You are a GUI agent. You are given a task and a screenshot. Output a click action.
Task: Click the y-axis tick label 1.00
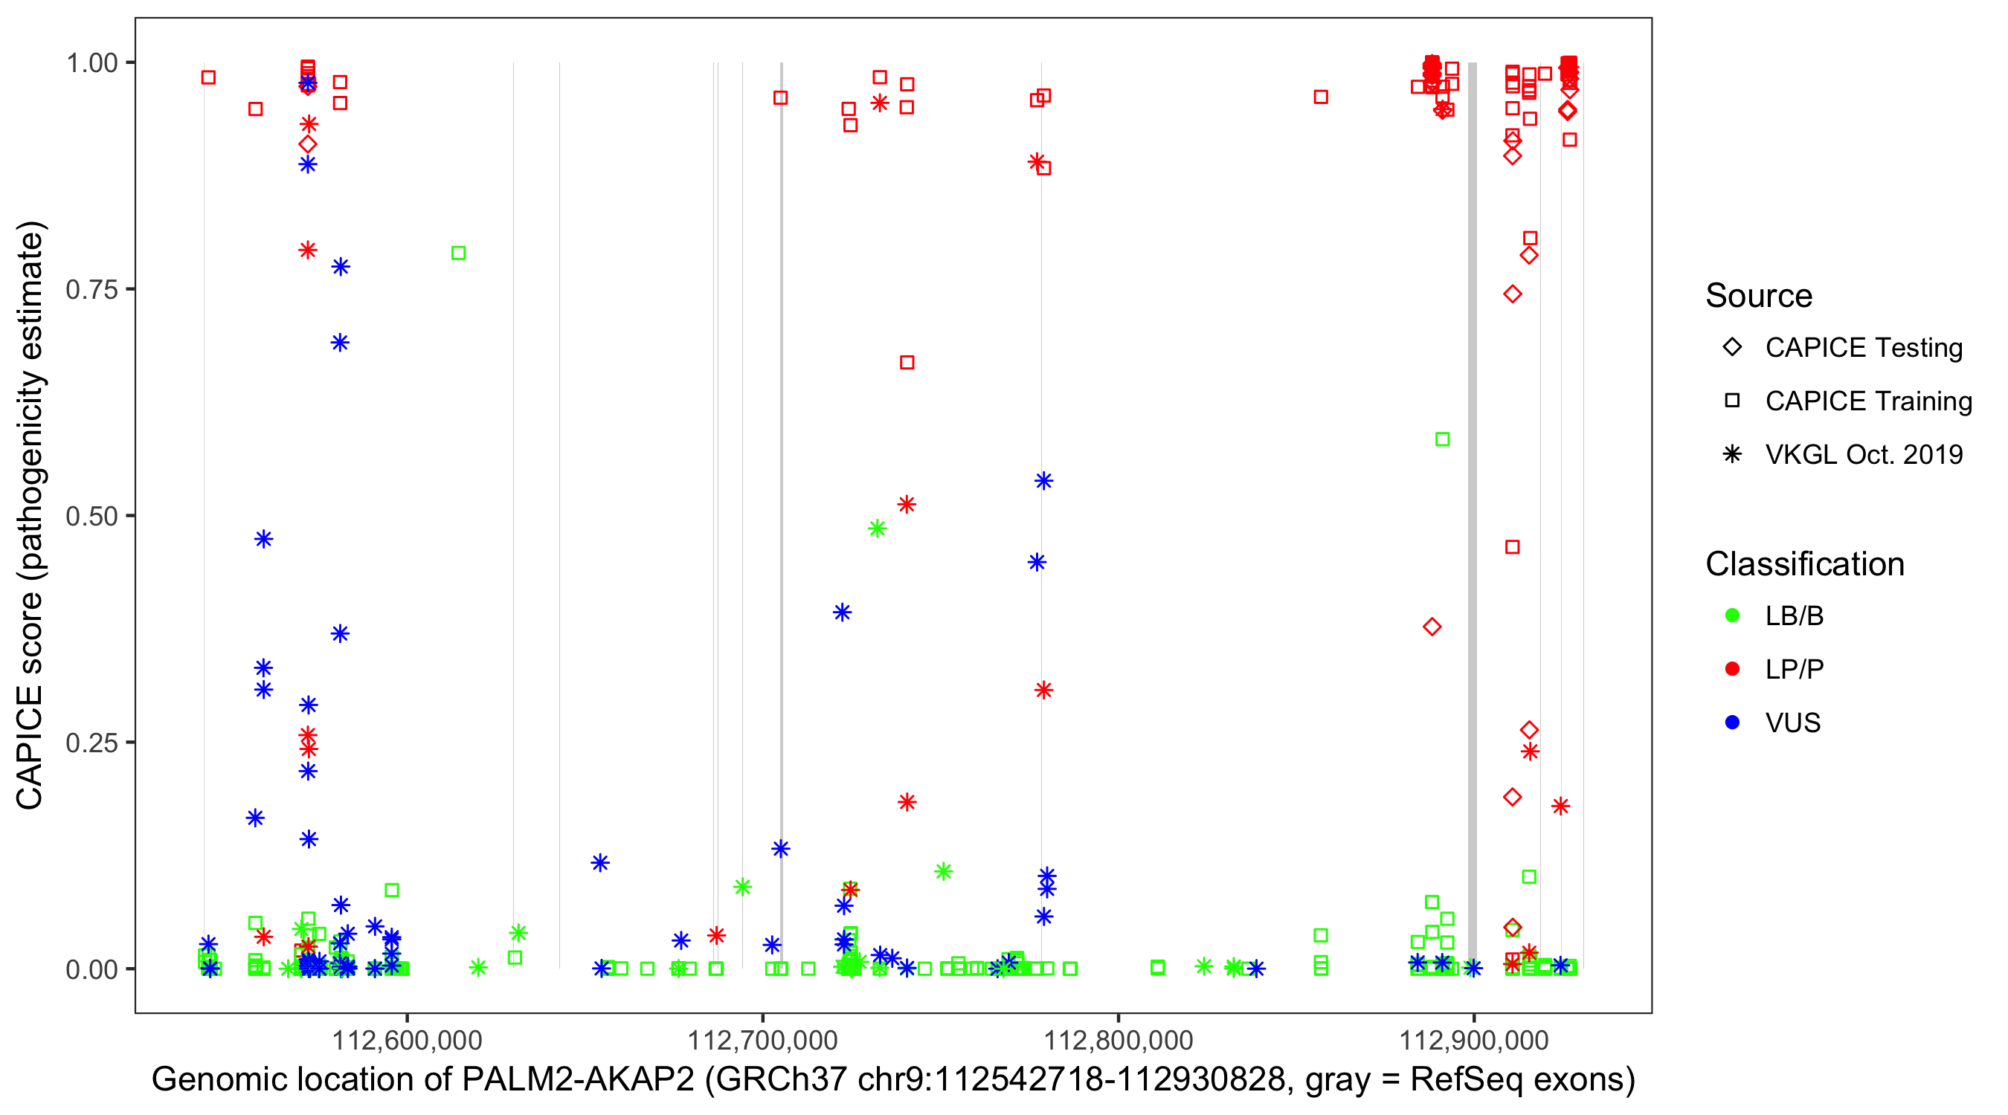coord(91,63)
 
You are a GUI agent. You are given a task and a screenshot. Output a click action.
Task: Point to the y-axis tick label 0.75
coord(91,290)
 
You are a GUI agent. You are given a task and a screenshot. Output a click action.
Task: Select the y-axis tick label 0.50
coord(91,516)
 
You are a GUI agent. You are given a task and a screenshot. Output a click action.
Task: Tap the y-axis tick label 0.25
coord(91,743)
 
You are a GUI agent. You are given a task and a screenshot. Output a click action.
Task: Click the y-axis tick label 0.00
coord(91,969)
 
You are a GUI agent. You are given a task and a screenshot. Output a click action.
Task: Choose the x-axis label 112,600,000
coord(407,1040)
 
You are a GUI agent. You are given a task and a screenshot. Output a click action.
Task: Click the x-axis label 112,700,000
coord(762,1040)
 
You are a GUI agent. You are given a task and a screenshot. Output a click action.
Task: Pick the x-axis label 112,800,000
coord(1118,1040)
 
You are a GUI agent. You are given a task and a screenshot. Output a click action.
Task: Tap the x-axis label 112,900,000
coord(1473,1040)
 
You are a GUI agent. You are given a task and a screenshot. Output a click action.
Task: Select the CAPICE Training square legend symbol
coord(1732,401)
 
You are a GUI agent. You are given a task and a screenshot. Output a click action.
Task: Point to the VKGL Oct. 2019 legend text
coord(1864,454)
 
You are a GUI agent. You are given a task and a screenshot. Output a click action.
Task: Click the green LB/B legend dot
coord(1732,615)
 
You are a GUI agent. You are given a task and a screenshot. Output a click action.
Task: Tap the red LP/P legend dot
coord(1732,669)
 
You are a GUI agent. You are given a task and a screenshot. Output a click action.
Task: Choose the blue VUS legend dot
coord(1732,723)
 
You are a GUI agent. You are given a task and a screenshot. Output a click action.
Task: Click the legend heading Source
coord(1759,296)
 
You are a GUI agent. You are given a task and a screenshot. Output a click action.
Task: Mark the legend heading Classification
coord(1804,564)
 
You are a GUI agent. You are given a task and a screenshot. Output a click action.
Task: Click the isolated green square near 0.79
coord(458,253)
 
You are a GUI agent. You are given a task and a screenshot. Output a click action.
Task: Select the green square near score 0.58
coord(1442,439)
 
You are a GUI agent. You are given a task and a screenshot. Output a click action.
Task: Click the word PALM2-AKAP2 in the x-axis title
coord(578,1080)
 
